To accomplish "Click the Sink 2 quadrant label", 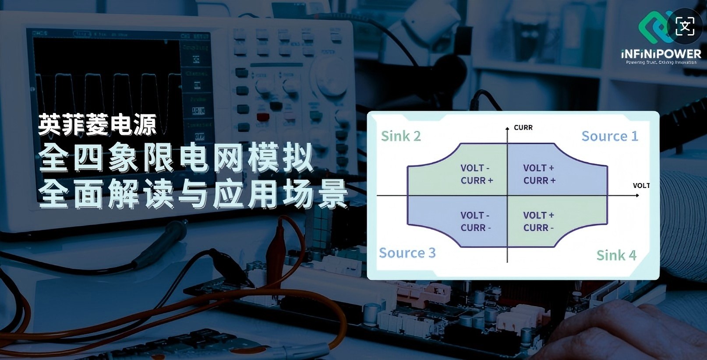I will [400, 136].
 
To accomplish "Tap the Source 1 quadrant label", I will [609, 136].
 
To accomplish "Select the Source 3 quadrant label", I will [407, 253].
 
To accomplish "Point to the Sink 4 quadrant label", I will [616, 255].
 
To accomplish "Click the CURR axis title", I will [523, 127].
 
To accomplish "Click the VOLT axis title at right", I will [641, 186].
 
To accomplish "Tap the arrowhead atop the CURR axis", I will [507, 128].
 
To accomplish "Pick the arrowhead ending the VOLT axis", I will [637, 195].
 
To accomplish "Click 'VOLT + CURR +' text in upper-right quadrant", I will [539, 174].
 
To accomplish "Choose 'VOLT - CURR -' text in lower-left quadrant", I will [475, 221].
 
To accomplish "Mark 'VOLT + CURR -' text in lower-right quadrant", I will [538, 221].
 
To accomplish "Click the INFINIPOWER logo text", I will [661, 54].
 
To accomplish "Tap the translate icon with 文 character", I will [685, 26].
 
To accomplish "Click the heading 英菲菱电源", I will [97, 125].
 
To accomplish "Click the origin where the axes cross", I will [507, 195].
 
